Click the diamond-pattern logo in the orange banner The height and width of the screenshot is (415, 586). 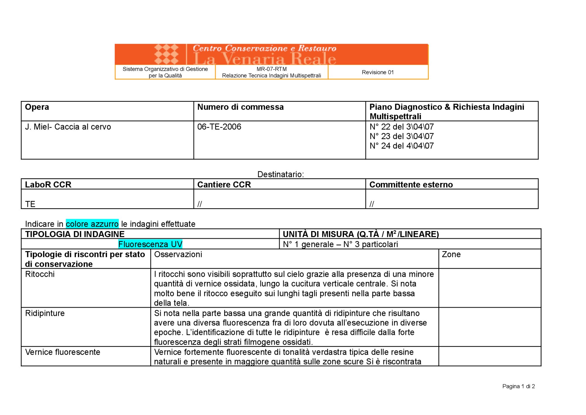pyautogui.click(x=166, y=54)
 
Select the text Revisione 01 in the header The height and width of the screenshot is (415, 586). pyautogui.click(x=378, y=72)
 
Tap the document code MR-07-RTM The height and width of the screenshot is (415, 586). pyautogui.click(x=272, y=69)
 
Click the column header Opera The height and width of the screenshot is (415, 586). pyautogui.click(x=37, y=107)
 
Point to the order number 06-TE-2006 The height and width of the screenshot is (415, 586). pyautogui.click(x=219, y=127)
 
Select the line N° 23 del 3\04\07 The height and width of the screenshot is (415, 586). pyautogui.click(x=401, y=136)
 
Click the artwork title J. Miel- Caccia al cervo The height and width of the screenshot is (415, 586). pyautogui.click(x=68, y=127)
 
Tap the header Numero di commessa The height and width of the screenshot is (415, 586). pyautogui.click(x=240, y=107)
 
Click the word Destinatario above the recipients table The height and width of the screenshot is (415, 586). pyautogui.click(x=280, y=174)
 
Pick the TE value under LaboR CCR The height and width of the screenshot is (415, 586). pyautogui.click(x=30, y=204)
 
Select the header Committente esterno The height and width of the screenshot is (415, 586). pyautogui.click(x=411, y=184)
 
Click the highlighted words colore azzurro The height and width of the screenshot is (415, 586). pyautogui.click(x=92, y=224)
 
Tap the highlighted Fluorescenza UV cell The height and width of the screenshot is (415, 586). pyautogui.click(x=150, y=244)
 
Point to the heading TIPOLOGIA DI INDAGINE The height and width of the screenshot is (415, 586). pyautogui.click(x=75, y=234)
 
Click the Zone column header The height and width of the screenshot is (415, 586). pyautogui.click(x=451, y=254)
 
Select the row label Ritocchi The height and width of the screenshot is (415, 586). pyautogui.click(x=40, y=274)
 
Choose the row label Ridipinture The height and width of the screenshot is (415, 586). pyautogui.click(x=45, y=313)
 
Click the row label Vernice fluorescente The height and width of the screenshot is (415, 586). pyautogui.click(x=63, y=352)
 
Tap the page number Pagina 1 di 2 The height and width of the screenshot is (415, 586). pyautogui.click(x=518, y=386)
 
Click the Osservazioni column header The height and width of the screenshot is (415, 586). pyautogui.click(x=178, y=254)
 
